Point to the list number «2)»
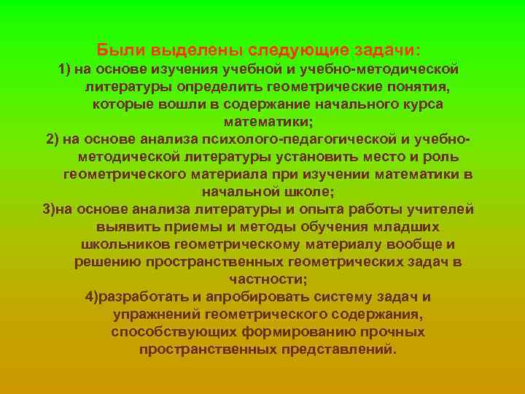tap(53, 139)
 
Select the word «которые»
tap(121, 104)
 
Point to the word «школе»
tap(306, 192)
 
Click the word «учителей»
tap(440, 209)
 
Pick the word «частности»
tap(266, 279)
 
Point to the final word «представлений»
tap(338, 349)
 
